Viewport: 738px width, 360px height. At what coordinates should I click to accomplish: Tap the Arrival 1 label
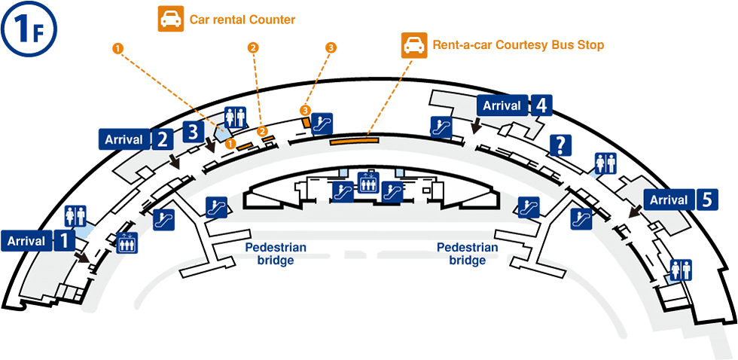pyautogui.click(x=39, y=242)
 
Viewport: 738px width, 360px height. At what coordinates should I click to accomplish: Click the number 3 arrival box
pyautogui.click(x=194, y=132)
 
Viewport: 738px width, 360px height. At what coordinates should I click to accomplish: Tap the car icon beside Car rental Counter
pyautogui.click(x=169, y=20)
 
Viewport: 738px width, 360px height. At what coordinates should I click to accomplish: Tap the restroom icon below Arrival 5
pyautogui.click(x=681, y=269)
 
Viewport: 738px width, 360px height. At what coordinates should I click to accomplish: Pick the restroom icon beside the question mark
pyautogui.click(x=606, y=163)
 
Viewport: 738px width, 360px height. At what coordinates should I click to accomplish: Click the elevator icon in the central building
pyautogui.click(x=367, y=183)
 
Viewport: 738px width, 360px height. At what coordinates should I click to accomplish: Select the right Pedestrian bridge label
pyautogui.click(x=467, y=254)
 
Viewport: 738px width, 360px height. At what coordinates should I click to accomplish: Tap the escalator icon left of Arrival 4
pyautogui.click(x=440, y=127)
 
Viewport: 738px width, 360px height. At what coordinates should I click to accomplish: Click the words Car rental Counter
pyautogui.click(x=242, y=20)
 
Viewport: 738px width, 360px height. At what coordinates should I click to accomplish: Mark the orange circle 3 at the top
pyautogui.click(x=331, y=47)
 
